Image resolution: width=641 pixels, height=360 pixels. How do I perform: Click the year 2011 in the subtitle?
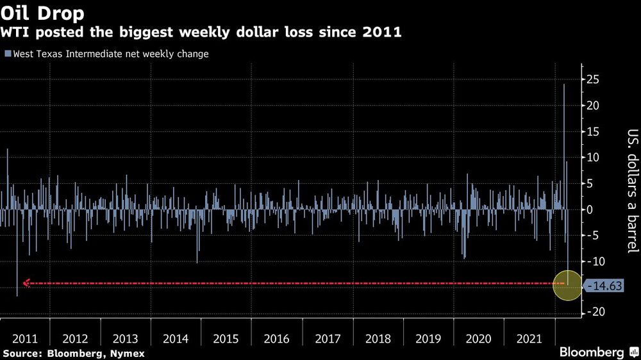(x=384, y=32)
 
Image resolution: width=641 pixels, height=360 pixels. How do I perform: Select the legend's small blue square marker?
(x=7, y=54)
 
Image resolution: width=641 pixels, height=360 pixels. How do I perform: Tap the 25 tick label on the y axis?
(x=592, y=79)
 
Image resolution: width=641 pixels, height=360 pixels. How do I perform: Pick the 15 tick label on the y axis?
(x=592, y=131)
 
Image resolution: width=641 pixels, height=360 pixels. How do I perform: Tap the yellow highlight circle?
(x=567, y=285)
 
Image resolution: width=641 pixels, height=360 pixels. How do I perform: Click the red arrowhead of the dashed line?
(x=25, y=282)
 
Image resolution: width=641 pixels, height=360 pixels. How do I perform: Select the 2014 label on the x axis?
(x=176, y=338)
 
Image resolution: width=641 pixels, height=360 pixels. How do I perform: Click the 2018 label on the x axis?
(x=378, y=338)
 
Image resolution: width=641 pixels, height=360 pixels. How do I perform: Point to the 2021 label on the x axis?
(x=529, y=338)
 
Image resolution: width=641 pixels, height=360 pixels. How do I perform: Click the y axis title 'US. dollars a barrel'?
(x=631, y=191)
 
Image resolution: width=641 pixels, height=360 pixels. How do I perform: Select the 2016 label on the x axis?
(x=277, y=338)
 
